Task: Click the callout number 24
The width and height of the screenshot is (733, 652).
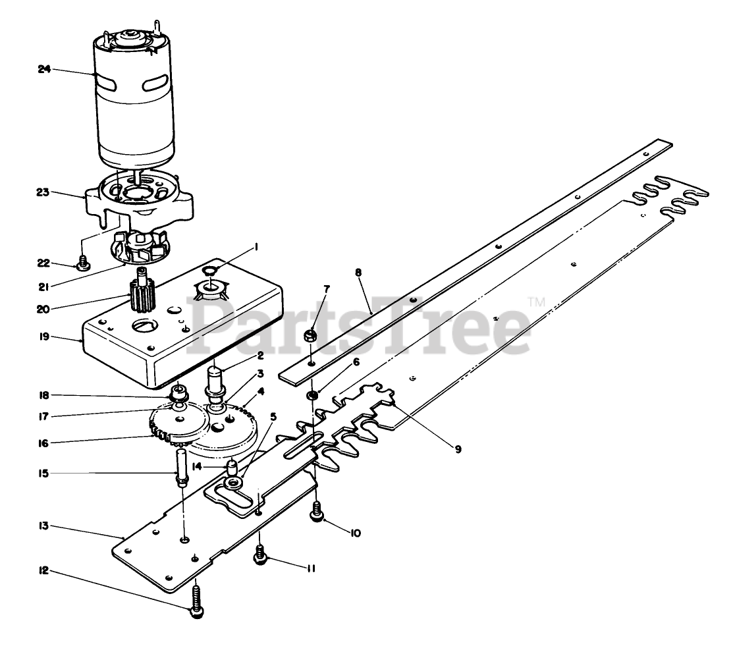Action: (44, 69)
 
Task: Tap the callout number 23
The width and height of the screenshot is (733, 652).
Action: (42, 192)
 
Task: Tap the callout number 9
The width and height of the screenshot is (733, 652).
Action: (456, 449)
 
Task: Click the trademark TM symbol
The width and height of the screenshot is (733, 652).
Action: (537, 302)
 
